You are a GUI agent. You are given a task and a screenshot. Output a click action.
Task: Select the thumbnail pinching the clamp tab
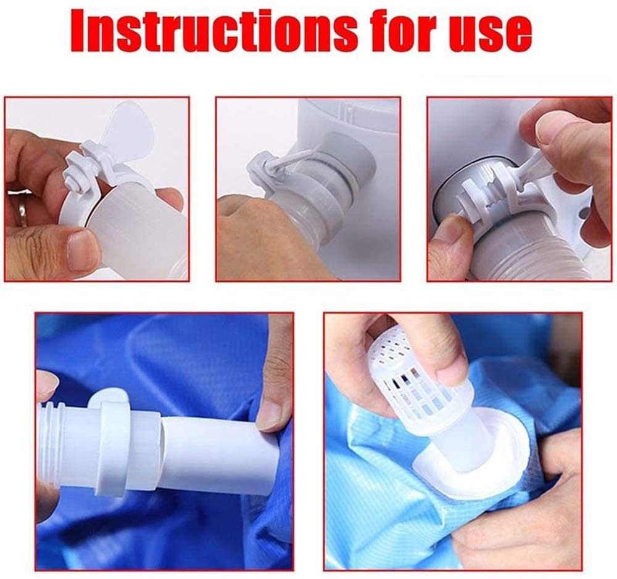[553, 130]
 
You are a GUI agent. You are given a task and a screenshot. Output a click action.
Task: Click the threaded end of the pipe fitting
[51, 440]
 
